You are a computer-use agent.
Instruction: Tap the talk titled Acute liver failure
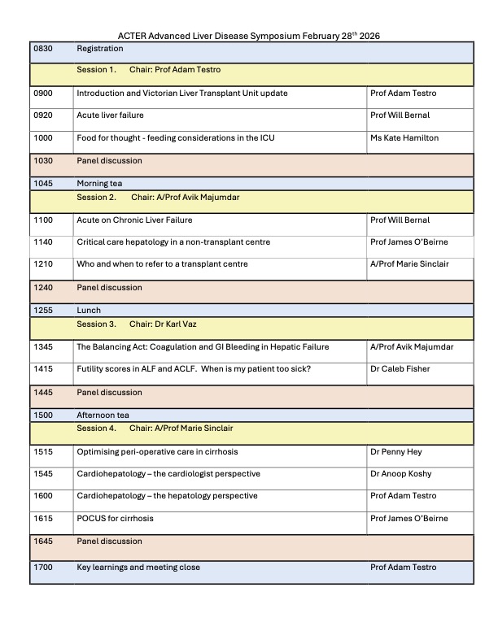click(x=110, y=115)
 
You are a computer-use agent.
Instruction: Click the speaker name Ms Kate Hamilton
click(x=404, y=138)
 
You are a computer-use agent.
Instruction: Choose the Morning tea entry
click(x=99, y=184)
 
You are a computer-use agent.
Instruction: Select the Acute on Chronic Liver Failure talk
click(x=134, y=220)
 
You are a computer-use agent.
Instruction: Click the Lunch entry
click(x=89, y=311)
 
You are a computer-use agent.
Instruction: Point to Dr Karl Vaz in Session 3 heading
click(x=193, y=324)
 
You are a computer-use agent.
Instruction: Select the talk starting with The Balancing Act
click(x=203, y=347)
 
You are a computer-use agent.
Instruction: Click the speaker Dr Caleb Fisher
click(x=400, y=369)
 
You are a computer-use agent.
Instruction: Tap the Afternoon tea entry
click(x=103, y=415)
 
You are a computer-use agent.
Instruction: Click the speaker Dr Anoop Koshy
click(x=402, y=473)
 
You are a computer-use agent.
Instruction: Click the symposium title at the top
click(x=249, y=36)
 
